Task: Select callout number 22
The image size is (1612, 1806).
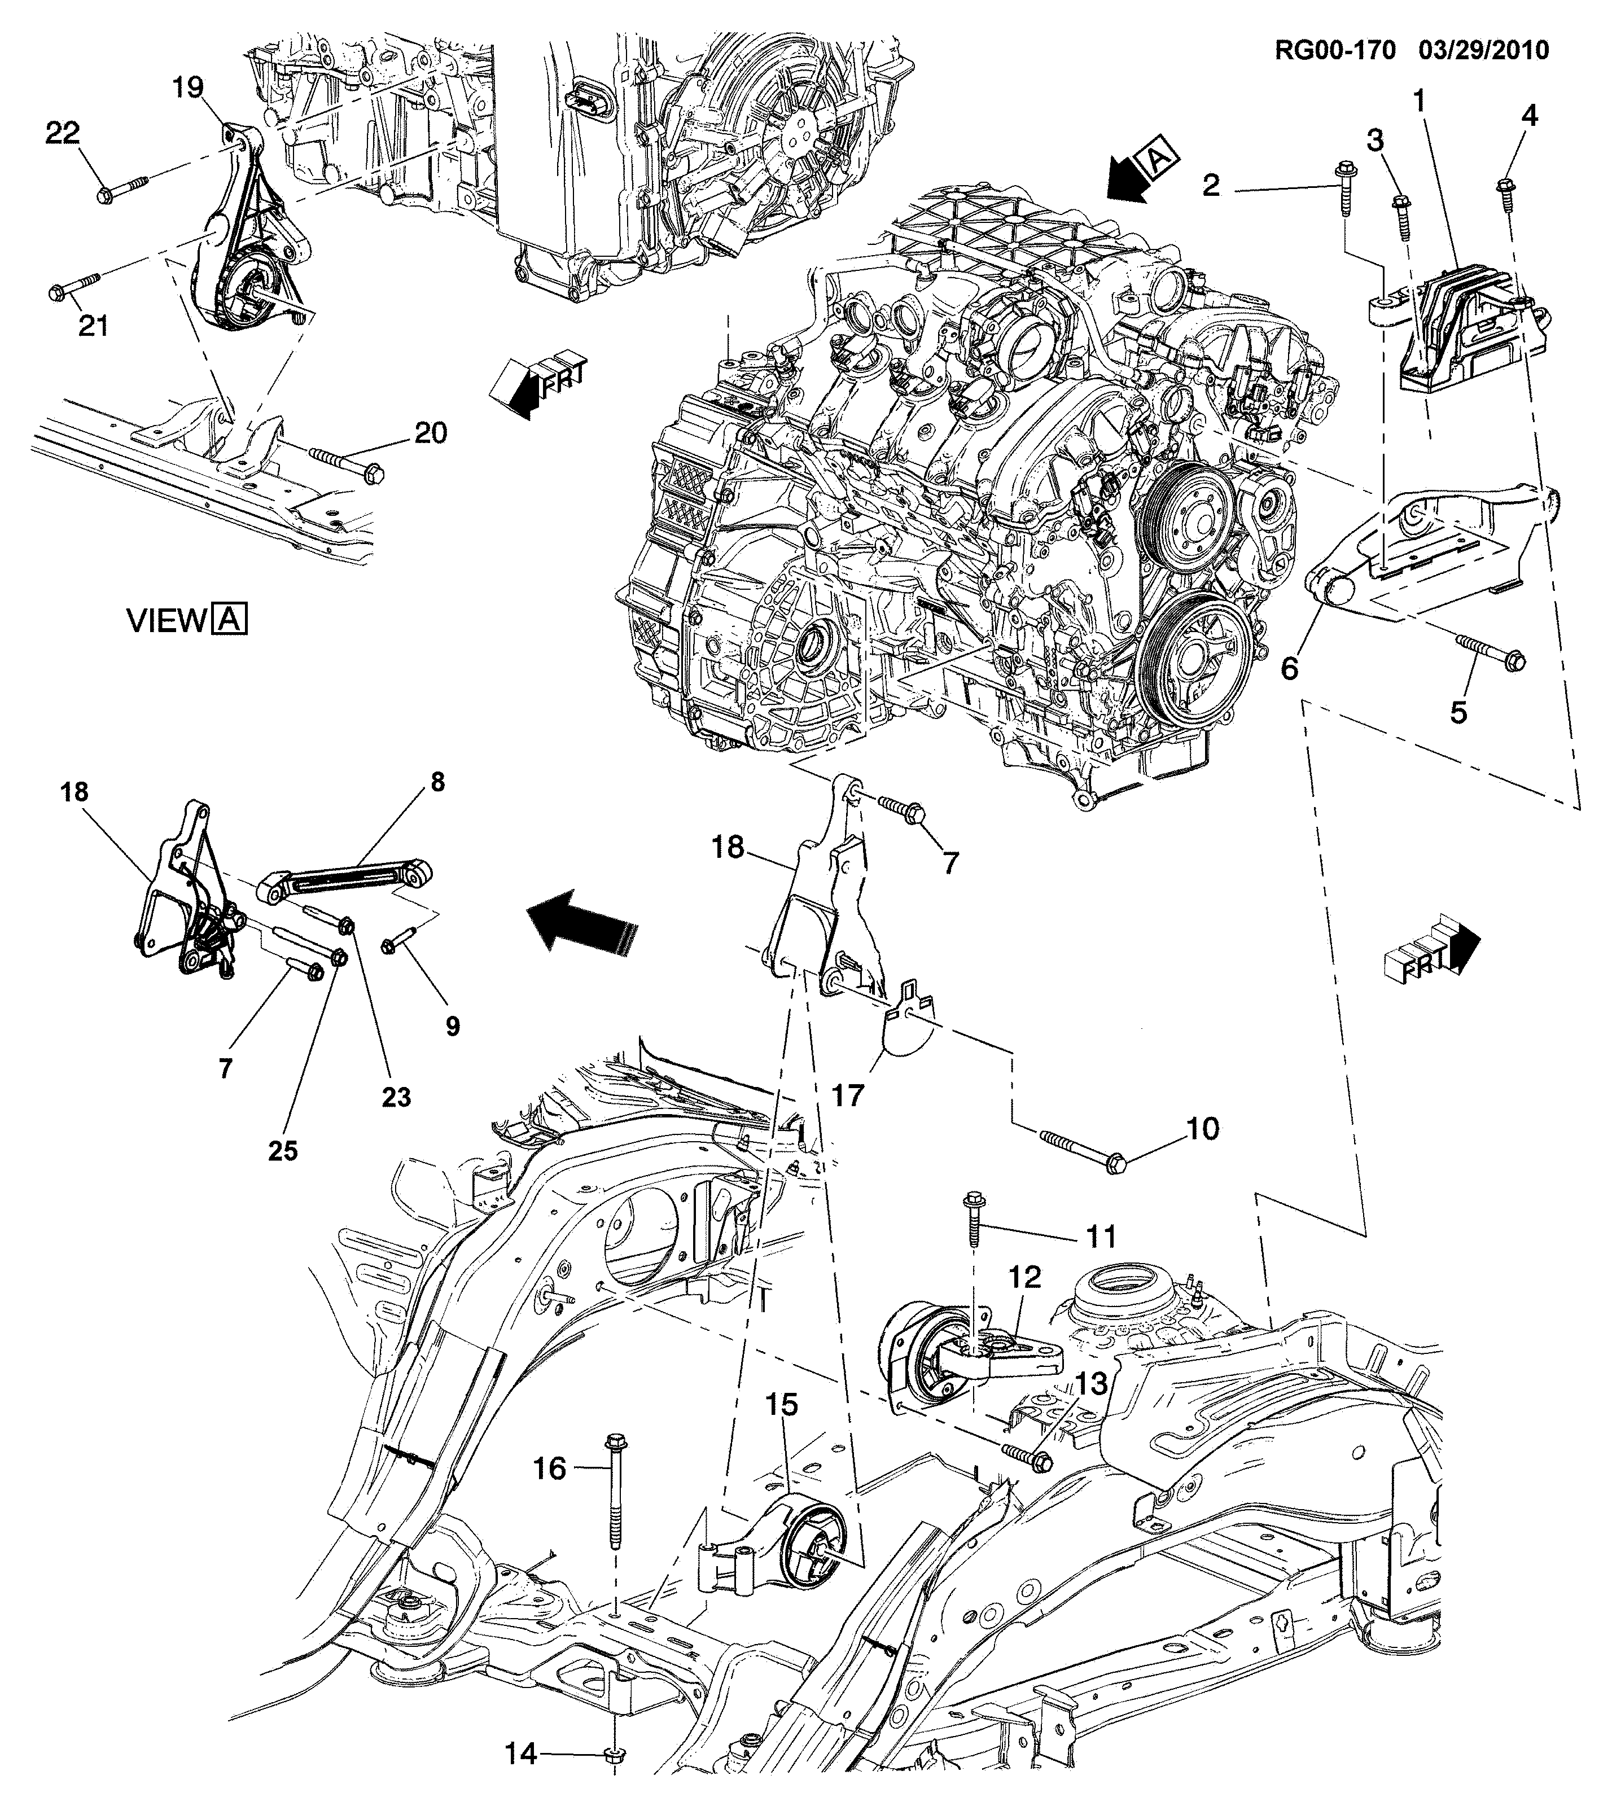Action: tap(63, 133)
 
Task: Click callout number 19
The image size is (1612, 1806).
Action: tap(188, 87)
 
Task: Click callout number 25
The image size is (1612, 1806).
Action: tap(283, 1151)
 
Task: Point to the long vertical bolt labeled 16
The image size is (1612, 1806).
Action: tap(614, 1491)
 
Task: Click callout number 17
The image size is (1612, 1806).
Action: tap(848, 1095)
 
